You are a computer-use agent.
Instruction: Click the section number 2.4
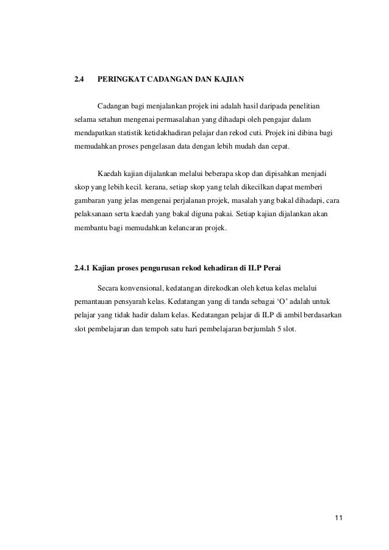click(x=79, y=79)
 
